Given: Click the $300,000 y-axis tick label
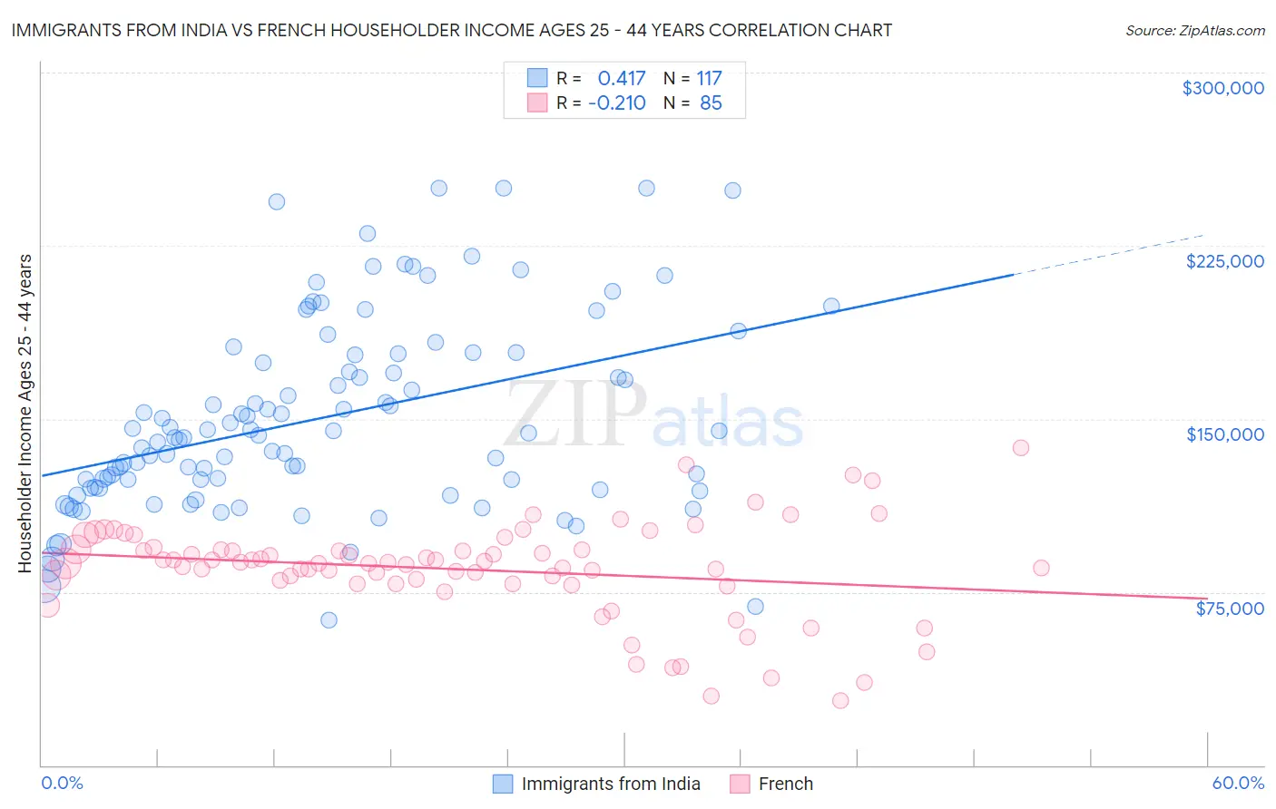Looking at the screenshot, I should pyautogui.click(x=1222, y=88).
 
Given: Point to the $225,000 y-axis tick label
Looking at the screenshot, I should pyautogui.click(x=1224, y=261).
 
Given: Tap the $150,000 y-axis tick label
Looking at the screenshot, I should pyautogui.click(x=1224, y=434).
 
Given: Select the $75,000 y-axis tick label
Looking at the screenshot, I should pyautogui.click(x=1229, y=609).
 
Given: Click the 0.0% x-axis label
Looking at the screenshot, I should pyautogui.click(x=62, y=783).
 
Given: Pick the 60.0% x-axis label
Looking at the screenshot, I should pyautogui.click(x=1238, y=783).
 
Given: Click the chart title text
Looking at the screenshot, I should pyautogui.click(x=452, y=30).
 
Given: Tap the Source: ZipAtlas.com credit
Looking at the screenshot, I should pyautogui.click(x=1194, y=30).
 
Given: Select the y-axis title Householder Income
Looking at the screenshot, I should pyautogui.click(x=25, y=414).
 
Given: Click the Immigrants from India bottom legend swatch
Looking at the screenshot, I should pyautogui.click(x=503, y=784).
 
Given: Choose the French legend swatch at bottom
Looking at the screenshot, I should pyautogui.click(x=740, y=784).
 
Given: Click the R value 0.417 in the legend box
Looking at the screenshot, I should pyautogui.click(x=621, y=78).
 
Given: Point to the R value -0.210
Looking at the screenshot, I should pyautogui.click(x=617, y=102).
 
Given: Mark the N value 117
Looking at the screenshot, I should pyautogui.click(x=709, y=78).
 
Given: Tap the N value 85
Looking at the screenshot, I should pyautogui.click(x=711, y=102).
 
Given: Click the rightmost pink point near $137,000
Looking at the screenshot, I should pyautogui.click(x=1020, y=447).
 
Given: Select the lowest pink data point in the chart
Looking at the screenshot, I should pyautogui.click(x=840, y=700).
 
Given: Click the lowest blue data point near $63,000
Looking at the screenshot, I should pyautogui.click(x=329, y=619).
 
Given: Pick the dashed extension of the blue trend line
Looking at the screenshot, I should pyautogui.click(x=1107, y=255).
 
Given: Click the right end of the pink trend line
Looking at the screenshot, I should pyautogui.click(x=1204, y=598).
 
